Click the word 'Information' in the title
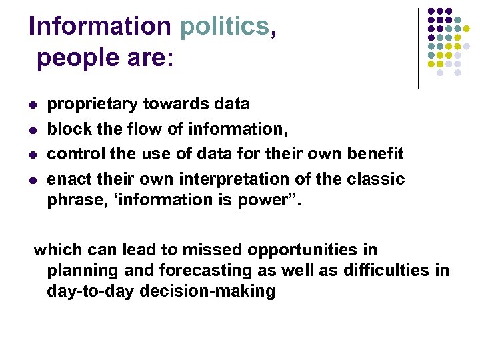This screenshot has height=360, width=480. point(100,26)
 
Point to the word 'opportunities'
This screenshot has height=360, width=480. point(303,250)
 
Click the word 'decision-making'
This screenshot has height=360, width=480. point(200,291)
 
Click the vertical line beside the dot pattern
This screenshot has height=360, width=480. point(418,48)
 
